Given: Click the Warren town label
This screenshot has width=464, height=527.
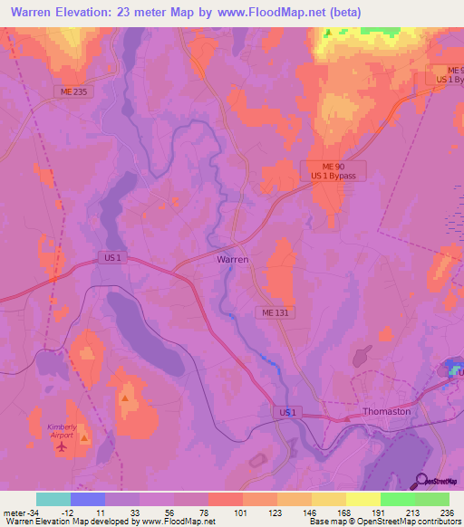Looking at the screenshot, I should (x=233, y=259).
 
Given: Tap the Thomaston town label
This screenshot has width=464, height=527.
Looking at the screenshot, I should (x=386, y=411).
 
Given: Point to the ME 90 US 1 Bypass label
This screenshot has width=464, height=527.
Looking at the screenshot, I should (x=333, y=171).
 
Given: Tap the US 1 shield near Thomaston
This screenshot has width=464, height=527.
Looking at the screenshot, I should (x=286, y=412).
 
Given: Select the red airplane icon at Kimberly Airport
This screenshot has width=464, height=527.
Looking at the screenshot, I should (x=63, y=445).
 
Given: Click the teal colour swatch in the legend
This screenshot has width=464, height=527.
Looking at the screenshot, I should (x=53, y=499).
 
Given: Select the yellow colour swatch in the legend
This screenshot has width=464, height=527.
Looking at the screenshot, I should (x=362, y=499).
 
